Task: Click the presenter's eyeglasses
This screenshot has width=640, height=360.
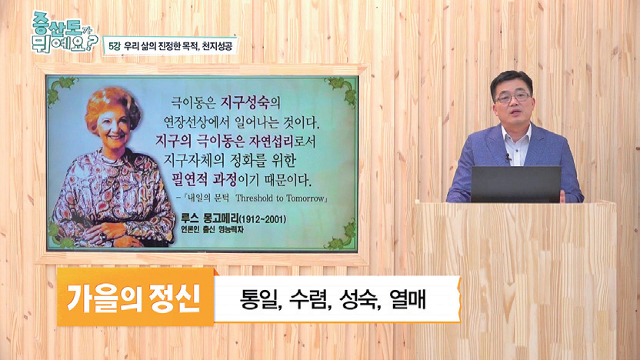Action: pyautogui.click(x=512, y=98)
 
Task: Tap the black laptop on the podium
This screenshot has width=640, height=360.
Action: pyautogui.click(x=516, y=184)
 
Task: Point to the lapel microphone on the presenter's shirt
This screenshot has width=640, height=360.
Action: pyautogui.click(x=508, y=158)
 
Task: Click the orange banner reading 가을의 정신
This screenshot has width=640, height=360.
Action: pyautogui.click(x=135, y=297)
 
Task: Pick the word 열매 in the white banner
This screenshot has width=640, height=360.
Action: pyautogui.click(x=407, y=300)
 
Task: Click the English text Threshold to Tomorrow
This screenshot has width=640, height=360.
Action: pyautogui.click(x=279, y=198)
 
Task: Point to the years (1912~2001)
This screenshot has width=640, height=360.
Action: pyautogui.click(x=262, y=219)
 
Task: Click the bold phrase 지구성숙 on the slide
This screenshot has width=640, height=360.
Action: pyautogui.click(x=245, y=102)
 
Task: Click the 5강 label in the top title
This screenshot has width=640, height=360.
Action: pyautogui.click(x=114, y=46)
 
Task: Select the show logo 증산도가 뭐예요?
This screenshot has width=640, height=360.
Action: pyautogui.click(x=65, y=32)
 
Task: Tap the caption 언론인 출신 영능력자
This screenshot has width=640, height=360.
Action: pyautogui.click(x=212, y=230)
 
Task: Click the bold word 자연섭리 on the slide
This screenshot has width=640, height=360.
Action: pyautogui.click(x=271, y=142)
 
